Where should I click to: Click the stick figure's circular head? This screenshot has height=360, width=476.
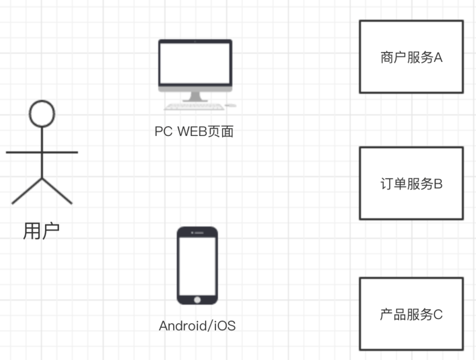pos(42,113)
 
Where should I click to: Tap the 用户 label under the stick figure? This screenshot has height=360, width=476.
pos(41,231)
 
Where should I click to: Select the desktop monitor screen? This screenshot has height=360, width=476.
pos(195,63)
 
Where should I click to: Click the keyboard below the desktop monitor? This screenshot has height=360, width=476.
pos(194,107)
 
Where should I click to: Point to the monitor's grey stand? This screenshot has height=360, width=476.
pos(195,96)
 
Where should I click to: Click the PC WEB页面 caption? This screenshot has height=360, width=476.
pos(194,131)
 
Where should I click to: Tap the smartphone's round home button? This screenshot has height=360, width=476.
pos(197,299)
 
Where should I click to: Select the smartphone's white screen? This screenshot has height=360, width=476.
pos(197,266)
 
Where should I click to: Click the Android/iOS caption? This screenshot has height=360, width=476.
pos(197,326)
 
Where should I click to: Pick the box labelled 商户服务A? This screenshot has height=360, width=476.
pos(411,57)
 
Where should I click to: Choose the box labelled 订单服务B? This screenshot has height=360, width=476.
pos(411,183)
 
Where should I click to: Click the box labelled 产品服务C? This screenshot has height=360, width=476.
pos(411,314)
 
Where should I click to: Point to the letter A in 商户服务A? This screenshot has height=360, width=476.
pos(438,57)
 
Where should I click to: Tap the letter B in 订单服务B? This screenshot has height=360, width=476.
pos(438,184)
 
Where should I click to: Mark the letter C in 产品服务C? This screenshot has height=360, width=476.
pos(438,315)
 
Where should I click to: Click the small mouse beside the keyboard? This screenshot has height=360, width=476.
pos(231,106)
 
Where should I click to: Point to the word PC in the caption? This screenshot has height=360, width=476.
pos(163,131)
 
